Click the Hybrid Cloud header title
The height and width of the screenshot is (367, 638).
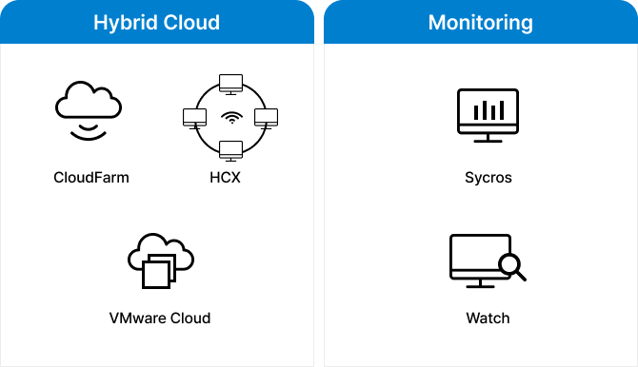156,23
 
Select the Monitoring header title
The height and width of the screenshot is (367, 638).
480,23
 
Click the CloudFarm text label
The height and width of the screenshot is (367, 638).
91,177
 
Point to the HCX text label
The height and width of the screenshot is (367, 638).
229,177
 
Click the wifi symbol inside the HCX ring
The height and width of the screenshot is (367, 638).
229,119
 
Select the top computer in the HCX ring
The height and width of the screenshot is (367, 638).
229,83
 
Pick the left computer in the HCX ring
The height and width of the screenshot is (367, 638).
194,119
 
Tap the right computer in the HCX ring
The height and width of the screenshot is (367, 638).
266,119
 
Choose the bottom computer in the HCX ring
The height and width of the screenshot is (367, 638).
229,150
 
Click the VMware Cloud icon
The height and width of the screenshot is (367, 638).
160,259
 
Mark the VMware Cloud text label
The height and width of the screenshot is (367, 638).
160,318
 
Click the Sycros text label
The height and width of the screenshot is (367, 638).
488,177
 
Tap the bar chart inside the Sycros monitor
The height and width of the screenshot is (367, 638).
488,108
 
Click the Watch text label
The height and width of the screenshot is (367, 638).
488,318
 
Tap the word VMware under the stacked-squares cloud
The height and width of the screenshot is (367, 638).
139,318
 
